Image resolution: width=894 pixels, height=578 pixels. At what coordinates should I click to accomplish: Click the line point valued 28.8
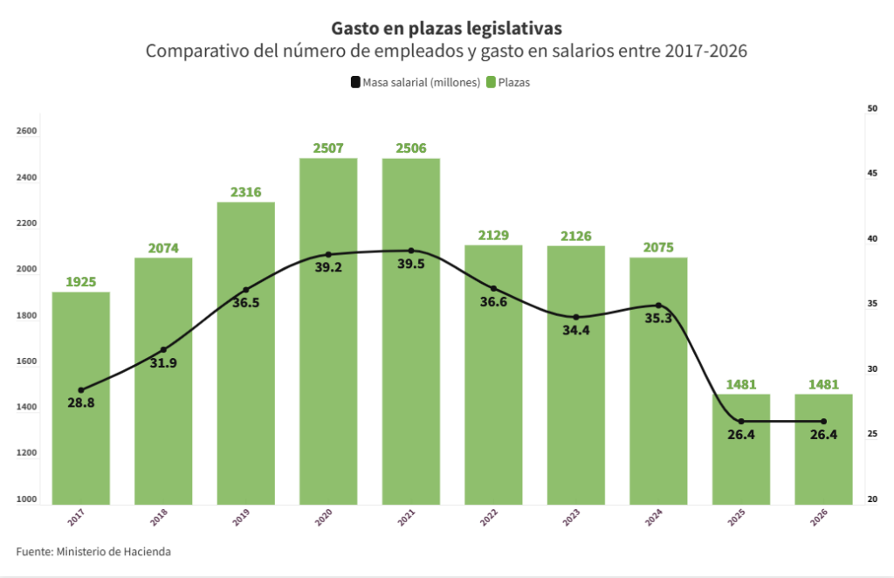[81, 390]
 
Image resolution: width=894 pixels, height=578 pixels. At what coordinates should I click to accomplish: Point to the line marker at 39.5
[411, 251]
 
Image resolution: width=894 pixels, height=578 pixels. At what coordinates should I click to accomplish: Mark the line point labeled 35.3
[658, 306]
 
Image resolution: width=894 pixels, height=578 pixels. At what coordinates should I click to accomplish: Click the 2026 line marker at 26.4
[823, 422]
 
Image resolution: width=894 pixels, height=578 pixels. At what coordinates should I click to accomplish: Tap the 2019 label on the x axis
[241, 518]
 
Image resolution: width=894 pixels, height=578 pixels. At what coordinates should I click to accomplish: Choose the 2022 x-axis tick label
[488, 518]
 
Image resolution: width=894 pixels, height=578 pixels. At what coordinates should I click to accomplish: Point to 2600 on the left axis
[27, 132]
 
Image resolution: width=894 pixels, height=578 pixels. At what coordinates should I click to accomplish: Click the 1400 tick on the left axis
[27, 408]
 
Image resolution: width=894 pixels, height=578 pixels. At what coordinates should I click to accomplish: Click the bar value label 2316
[246, 192]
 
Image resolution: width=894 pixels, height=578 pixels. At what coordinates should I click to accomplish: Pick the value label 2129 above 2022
[493, 235]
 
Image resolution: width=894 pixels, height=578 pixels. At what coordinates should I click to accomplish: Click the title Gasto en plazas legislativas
[446, 29]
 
